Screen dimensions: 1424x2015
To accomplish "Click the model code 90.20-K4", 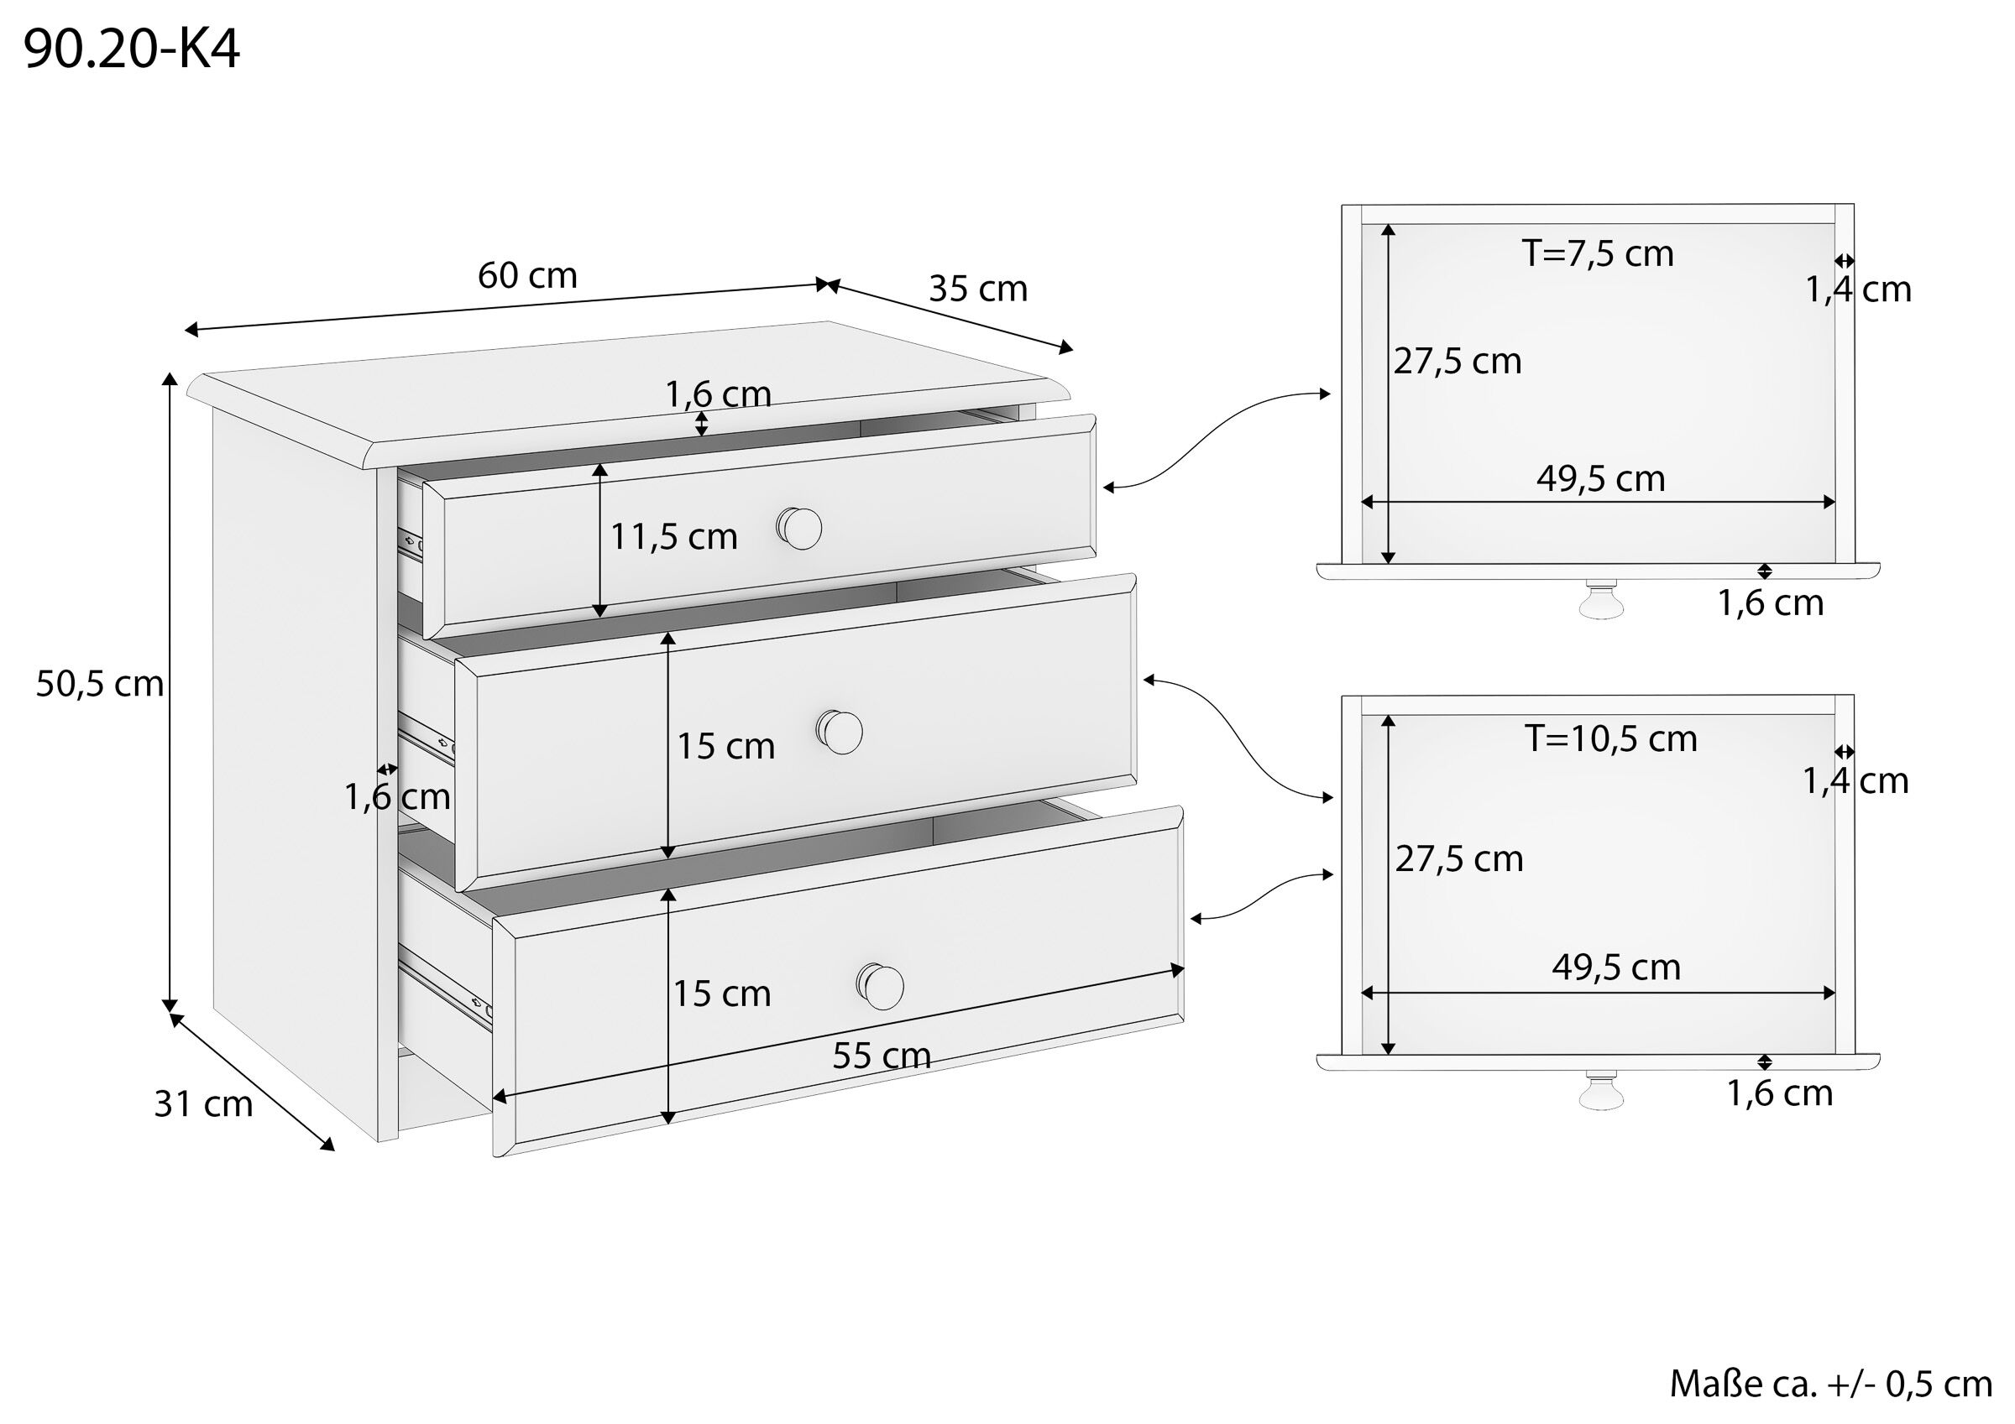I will click(132, 50).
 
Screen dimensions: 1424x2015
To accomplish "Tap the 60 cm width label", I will click(527, 275).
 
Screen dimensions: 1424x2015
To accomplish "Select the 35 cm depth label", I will click(977, 289).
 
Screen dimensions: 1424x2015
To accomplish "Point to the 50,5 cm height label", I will click(99, 684).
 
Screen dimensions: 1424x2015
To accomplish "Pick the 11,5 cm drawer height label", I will click(674, 536).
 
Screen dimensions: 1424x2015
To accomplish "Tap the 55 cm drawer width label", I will click(881, 1056).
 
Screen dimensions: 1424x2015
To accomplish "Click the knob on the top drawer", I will click(799, 528).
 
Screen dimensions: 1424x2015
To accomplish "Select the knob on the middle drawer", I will click(840, 732).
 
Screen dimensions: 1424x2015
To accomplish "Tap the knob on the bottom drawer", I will click(881, 986).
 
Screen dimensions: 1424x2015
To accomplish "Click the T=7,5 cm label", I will click(1598, 253).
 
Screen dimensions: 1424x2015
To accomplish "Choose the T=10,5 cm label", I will click(1610, 738).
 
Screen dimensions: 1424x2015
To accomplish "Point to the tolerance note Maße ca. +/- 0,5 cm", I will click(1830, 1384).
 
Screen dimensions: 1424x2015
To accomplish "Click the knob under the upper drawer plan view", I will click(1601, 600).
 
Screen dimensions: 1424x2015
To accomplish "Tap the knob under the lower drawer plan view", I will click(1601, 1092).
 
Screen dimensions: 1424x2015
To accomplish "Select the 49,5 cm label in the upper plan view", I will click(1600, 479).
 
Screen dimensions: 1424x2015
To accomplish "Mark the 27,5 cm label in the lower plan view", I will click(1458, 859).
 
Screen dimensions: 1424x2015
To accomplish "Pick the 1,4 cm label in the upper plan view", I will click(1857, 289).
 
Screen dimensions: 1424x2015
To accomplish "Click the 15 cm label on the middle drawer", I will click(725, 747).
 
